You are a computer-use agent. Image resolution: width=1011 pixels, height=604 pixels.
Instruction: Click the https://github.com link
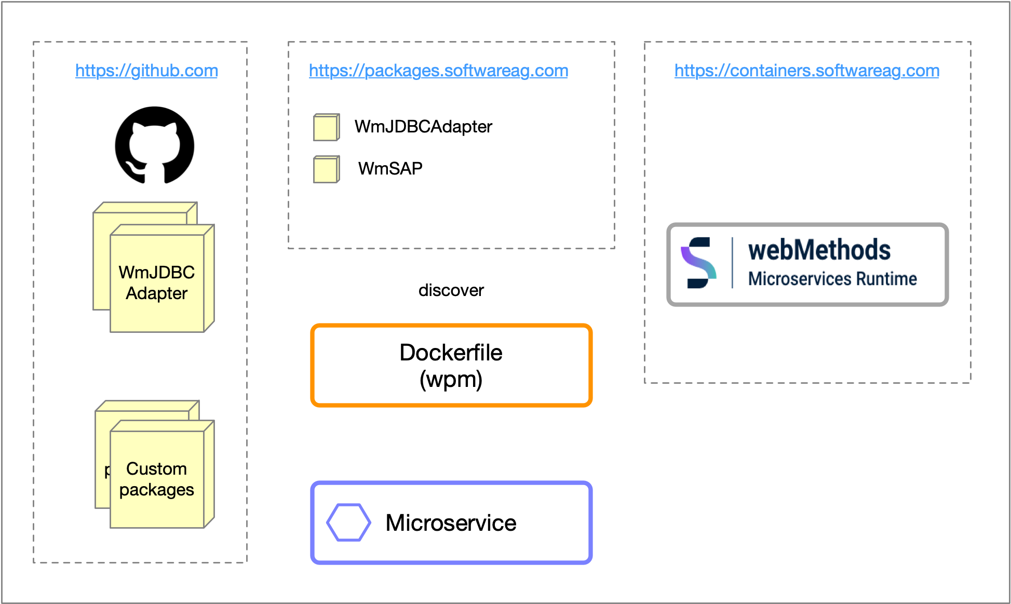click(x=146, y=71)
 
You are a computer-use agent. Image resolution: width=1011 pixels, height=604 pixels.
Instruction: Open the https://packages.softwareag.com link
click(x=438, y=71)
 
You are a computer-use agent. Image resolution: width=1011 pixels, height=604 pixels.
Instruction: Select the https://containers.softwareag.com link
click(x=806, y=71)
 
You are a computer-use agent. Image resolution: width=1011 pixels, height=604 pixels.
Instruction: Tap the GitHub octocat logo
click(x=155, y=145)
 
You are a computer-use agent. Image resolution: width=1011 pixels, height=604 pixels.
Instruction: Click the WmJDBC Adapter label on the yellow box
click(x=156, y=283)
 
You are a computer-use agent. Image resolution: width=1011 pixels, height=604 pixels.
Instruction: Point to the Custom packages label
click(x=156, y=479)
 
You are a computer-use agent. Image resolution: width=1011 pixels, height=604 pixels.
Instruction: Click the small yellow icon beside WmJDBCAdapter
click(x=326, y=127)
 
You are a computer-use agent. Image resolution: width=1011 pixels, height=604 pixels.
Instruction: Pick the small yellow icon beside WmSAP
click(x=326, y=169)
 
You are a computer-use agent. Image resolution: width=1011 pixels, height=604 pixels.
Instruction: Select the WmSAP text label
click(x=390, y=169)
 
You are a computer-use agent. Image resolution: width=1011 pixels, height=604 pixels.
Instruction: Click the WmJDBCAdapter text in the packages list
click(x=423, y=127)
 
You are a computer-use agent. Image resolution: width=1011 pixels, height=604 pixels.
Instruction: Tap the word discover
click(x=451, y=290)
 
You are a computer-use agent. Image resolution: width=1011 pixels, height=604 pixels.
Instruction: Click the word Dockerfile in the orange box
click(x=451, y=353)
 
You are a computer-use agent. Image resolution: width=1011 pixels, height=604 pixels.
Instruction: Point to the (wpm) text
click(x=451, y=380)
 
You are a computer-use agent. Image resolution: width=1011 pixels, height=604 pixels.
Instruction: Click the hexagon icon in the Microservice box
click(x=348, y=522)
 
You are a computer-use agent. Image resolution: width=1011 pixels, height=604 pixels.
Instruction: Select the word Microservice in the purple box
click(x=451, y=523)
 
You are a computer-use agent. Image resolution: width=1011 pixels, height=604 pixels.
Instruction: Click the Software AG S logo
click(x=698, y=263)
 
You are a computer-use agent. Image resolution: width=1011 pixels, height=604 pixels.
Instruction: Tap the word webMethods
click(x=819, y=250)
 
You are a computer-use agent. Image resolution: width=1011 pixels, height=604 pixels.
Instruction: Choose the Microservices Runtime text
click(x=832, y=279)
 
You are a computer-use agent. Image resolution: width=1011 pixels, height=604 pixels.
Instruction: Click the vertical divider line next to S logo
click(x=732, y=263)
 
